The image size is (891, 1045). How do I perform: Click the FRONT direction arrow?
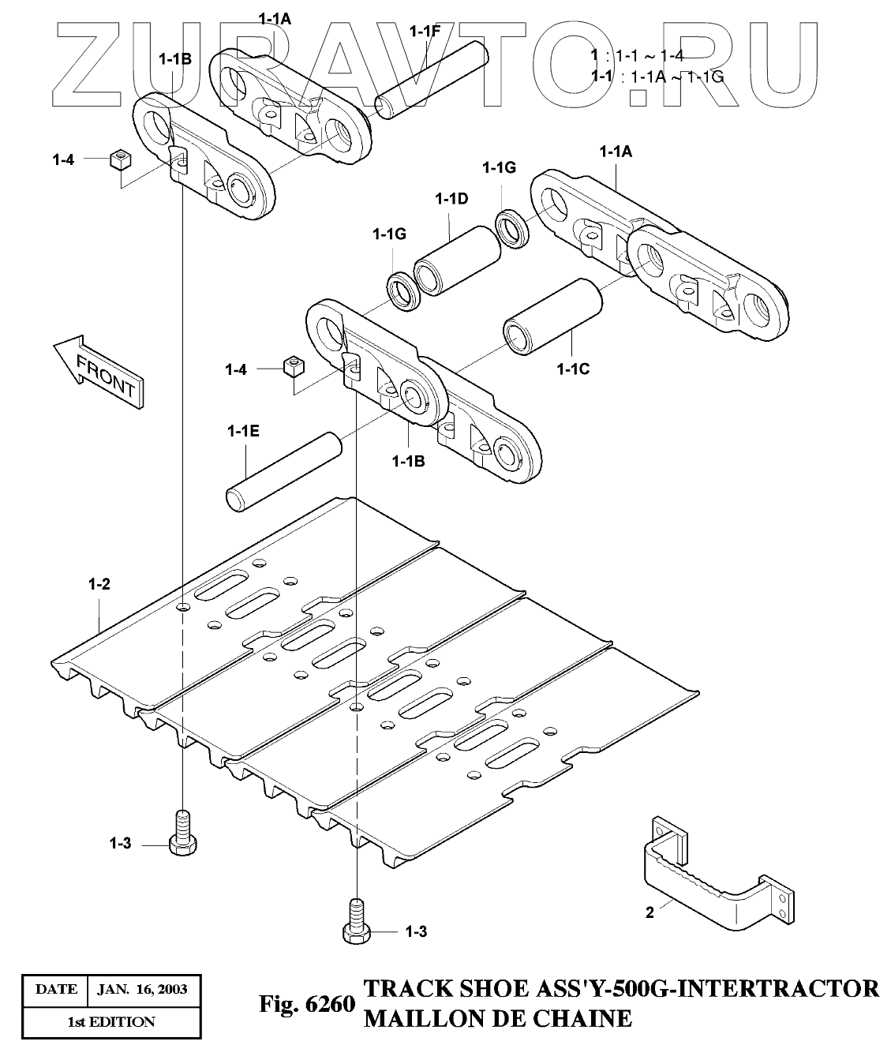(99, 371)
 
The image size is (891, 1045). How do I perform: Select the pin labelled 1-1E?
(283, 472)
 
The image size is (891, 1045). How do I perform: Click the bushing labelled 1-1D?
(458, 261)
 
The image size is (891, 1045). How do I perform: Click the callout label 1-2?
(99, 584)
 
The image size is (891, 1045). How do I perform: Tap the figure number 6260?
(331, 1004)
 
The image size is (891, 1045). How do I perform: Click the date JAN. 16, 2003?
(142, 990)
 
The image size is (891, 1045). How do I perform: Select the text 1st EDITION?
(111, 1022)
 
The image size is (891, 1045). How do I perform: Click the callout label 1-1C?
(573, 369)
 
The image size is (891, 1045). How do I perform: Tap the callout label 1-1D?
(451, 199)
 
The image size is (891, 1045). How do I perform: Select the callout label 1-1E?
(243, 431)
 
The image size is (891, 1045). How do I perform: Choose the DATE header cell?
(56, 990)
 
